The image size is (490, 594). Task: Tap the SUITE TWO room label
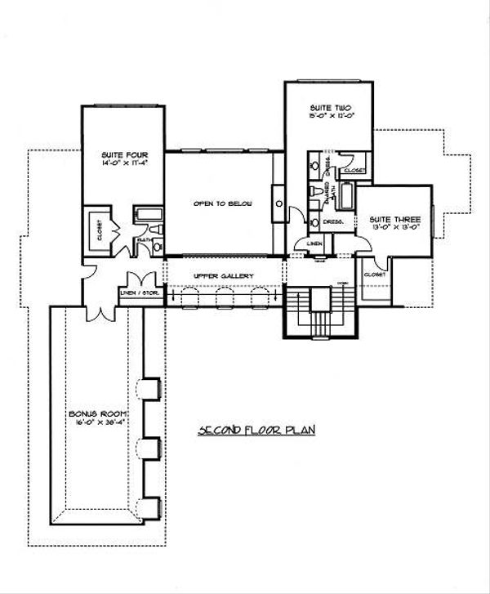click(324, 108)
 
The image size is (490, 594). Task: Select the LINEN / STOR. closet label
click(140, 293)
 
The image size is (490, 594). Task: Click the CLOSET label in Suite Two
click(355, 171)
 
